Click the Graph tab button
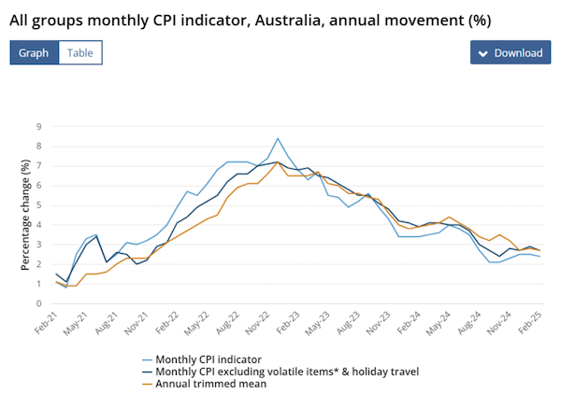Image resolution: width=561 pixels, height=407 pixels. click(x=35, y=52)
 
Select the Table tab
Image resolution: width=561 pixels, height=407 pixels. click(x=80, y=52)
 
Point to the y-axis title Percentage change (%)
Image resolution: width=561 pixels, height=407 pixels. click(x=26, y=215)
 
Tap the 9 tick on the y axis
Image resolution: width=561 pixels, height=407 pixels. click(x=39, y=126)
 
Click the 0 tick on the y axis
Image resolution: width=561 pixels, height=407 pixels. click(x=39, y=303)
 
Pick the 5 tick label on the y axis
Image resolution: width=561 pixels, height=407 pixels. click(x=39, y=204)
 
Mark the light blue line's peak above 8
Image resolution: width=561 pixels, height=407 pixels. click(x=278, y=138)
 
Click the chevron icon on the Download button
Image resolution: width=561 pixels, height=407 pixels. click(x=482, y=53)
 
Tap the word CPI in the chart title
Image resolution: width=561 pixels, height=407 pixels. click(x=168, y=18)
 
